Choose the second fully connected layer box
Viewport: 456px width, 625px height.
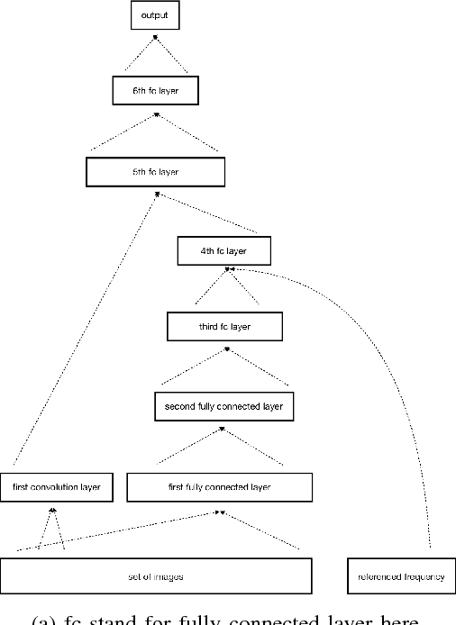click(223, 406)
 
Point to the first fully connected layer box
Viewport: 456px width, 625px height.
click(219, 488)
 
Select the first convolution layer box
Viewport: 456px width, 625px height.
click(57, 488)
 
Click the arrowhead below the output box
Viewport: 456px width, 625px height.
click(158, 37)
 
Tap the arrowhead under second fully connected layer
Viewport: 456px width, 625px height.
click(223, 429)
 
